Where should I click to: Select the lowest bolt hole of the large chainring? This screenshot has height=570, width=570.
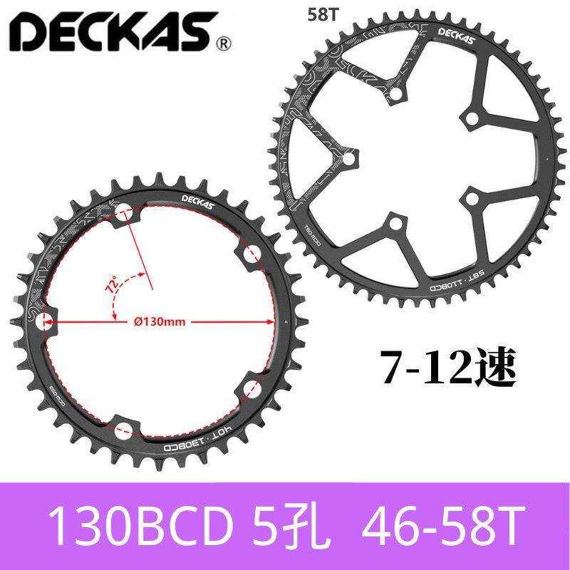pyautogui.click(x=393, y=226)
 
